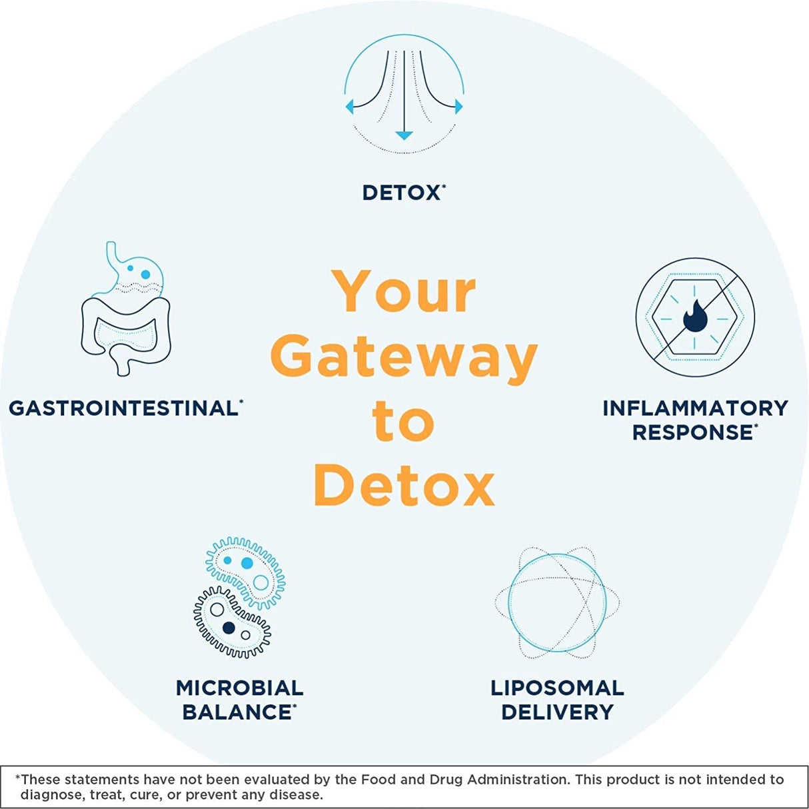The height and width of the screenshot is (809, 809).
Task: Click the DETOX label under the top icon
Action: pos(401,193)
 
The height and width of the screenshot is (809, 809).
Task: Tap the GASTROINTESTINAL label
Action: pos(123,408)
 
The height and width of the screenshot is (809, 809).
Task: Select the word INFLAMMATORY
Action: pos(695,408)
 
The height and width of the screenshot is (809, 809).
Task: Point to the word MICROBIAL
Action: pos(239,688)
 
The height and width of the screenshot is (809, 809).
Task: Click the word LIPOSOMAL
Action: pos(557,688)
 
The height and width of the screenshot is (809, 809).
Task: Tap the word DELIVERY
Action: pos(557,712)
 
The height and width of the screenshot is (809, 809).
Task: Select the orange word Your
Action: pos(404,292)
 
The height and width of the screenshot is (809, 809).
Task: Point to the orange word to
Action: pos(403,421)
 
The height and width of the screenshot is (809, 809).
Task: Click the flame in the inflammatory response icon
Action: pos(694,316)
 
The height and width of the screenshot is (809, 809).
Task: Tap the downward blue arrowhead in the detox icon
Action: pos(404,135)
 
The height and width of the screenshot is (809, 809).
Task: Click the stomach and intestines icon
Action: pos(125,310)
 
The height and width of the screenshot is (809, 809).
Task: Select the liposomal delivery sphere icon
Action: pos(556,602)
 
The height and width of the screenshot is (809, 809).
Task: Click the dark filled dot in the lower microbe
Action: pos(229,627)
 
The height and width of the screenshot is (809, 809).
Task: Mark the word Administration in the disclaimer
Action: pos(518,779)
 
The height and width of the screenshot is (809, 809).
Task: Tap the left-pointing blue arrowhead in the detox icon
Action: pos(349,106)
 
